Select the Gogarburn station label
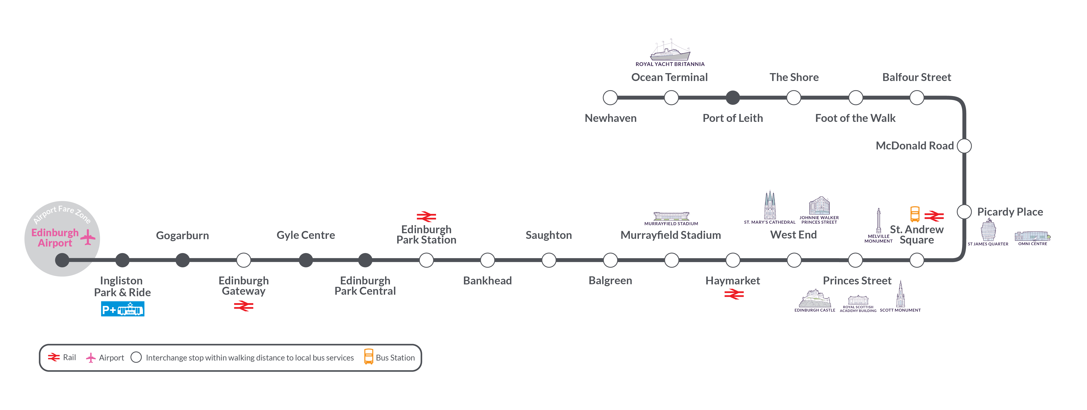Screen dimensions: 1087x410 pos(182,235)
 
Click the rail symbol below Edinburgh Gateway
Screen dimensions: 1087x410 pos(243,306)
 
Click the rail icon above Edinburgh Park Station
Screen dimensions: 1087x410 pos(426,217)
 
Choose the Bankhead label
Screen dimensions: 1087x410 pos(487,280)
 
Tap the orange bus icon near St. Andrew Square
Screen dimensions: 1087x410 pos(915,214)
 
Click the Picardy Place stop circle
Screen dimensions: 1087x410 pos(964,212)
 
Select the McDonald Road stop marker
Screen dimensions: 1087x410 pos(964,146)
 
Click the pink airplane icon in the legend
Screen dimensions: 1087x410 pos(91,358)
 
